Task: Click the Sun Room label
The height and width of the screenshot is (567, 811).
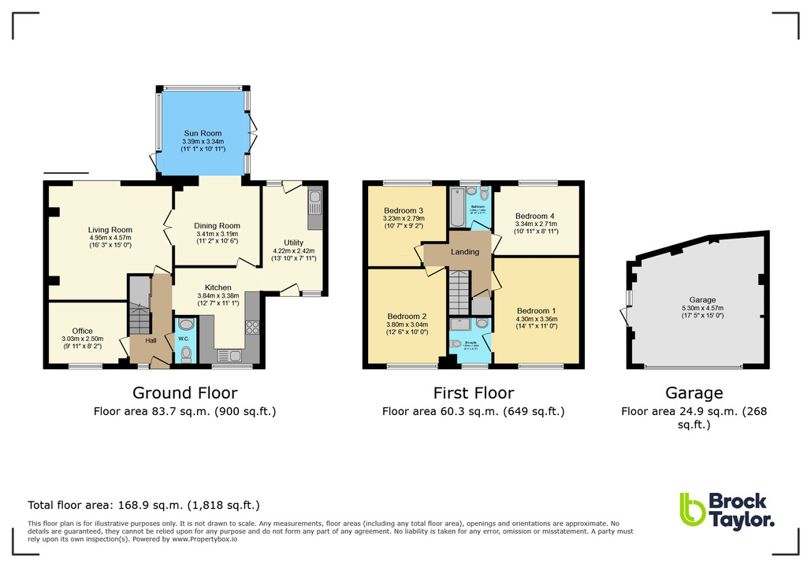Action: (203, 133)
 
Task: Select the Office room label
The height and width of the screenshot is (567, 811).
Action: (82, 331)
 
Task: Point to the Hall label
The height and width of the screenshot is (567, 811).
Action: (150, 340)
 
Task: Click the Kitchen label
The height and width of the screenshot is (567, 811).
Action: (217, 287)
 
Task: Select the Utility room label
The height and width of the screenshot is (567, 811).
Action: (293, 243)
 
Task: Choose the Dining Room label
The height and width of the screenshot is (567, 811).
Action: (216, 226)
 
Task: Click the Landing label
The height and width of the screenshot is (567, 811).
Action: (464, 252)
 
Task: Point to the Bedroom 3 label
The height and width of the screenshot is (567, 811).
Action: (404, 211)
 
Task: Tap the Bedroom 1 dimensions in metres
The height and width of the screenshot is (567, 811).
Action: (536, 319)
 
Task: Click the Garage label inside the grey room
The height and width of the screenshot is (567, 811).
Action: (702, 300)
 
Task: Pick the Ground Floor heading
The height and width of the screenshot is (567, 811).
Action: (184, 393)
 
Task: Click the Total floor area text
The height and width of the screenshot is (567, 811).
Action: (143, 505)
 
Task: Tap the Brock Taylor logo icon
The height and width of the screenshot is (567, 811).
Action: (691, 510)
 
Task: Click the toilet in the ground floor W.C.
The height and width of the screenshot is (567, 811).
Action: (186, 356)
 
